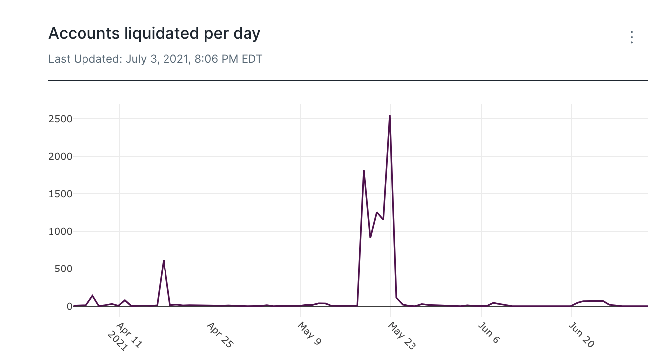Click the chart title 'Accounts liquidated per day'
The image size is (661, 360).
click(x=154, y=34)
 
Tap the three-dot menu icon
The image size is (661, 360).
click(x=631, y=37)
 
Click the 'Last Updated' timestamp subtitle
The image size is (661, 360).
click(x=155, y=59)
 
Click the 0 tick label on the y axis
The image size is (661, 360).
click(x=69, y=306)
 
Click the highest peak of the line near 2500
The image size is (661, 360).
click(x=390, y=116)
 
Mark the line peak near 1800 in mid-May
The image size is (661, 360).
click(x=364, y=171)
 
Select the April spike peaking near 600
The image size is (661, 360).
click(x=164, y=261)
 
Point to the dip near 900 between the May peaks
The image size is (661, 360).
click(x=370, y=237)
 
